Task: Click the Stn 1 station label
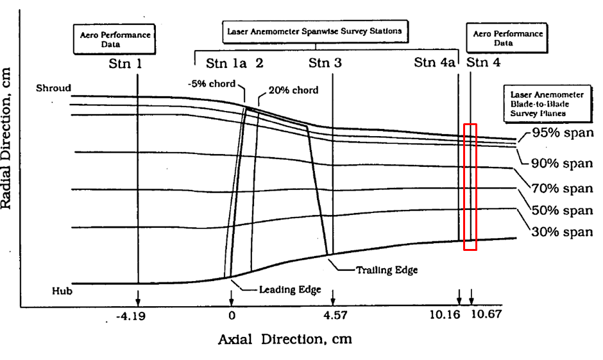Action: [126, 64]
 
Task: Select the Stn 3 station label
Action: [325, 63]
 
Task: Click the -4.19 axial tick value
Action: [135, 316]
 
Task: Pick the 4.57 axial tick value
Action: [333, 316]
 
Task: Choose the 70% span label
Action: [563, 189]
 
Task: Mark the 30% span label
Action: [563, 232]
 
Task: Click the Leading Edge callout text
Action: [289, 289]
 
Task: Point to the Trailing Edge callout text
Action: [386, 270]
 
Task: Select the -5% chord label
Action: [211, 84]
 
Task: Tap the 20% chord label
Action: [293, 90]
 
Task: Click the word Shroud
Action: [53, 88]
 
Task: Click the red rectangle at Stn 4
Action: [470, 186]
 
